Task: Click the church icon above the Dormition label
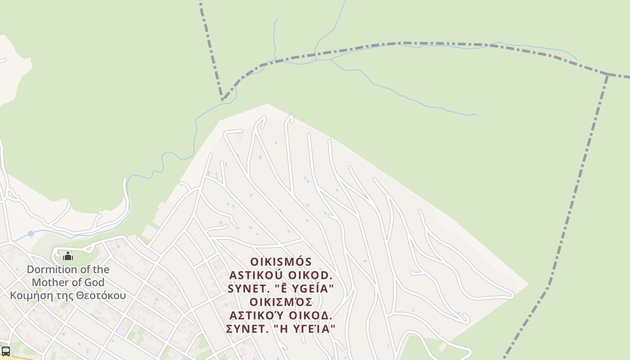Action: pyautogui.click(x=68, y=256)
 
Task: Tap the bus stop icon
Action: pyautogui.click(x=6, y=351)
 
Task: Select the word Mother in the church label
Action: pyautogui.click(x=49, y=283)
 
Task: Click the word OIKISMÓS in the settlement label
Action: pyautogui.click(x=281, y=262)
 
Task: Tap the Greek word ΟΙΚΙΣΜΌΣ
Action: pyautogui.click(x=281, y=301)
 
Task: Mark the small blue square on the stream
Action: pyautogui.click(x=31, y=234)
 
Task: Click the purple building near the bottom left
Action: pyautogui.click(x=121, y=331)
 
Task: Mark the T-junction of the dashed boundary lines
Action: pyautogui.click(x=607, y=75)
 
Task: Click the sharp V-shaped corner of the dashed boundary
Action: pyautogui.click(x=222, y=99)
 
